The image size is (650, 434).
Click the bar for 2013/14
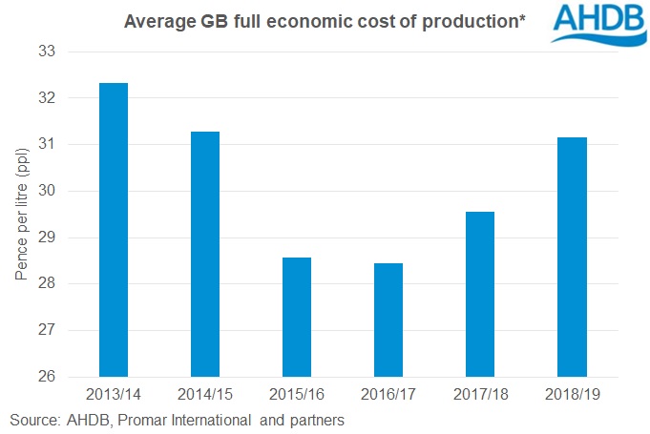pos(114,230)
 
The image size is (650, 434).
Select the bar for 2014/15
pos(205,254)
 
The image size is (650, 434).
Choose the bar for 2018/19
pos(572,257)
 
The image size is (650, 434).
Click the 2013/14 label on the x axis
pos(114,393)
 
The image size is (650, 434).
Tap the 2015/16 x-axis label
pos(297,393)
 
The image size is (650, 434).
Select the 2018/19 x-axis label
pos(572,393)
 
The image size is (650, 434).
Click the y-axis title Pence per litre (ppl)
pos(20,214)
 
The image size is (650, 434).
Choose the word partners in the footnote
pos(316,420)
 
